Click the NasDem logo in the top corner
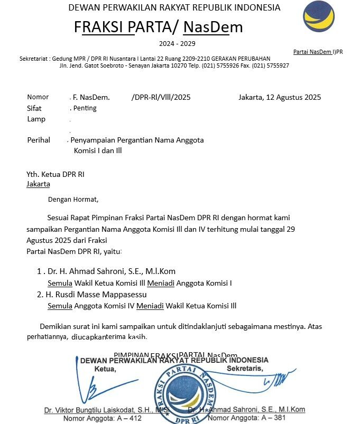(x=318, y=16)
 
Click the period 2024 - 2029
(x=177, y=43)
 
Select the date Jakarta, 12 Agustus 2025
(x=280, y=97)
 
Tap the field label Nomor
(x=38, y=97)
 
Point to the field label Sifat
(x=34, y=108)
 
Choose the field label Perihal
(x=39, y=140)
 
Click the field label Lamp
(x=36, y=119)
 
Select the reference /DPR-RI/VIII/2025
(x=161, y=97)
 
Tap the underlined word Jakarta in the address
(x=38, y=184)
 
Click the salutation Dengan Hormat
(x=73, y=200)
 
